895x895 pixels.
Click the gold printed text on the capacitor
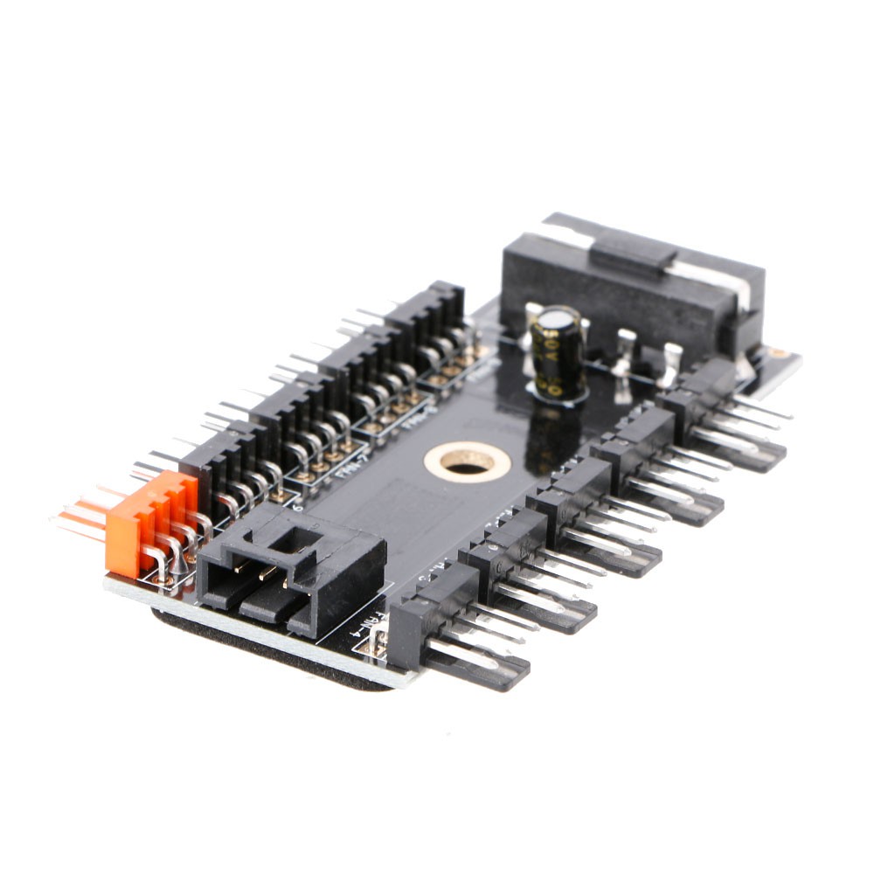click(558, 358)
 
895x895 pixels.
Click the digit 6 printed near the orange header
click(299, 504)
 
